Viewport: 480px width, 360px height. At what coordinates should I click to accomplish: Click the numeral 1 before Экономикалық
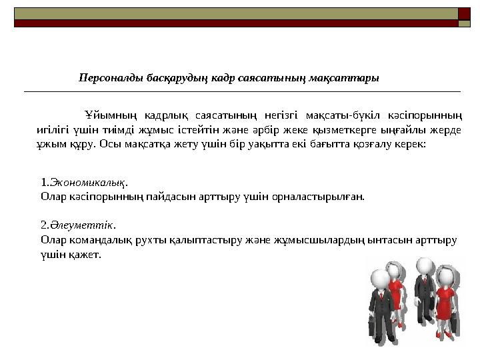click(x=43, y=182)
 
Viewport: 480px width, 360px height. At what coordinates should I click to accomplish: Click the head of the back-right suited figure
click(x=422, y=265)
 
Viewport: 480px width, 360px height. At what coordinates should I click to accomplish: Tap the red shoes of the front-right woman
click(x=440, y=335)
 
